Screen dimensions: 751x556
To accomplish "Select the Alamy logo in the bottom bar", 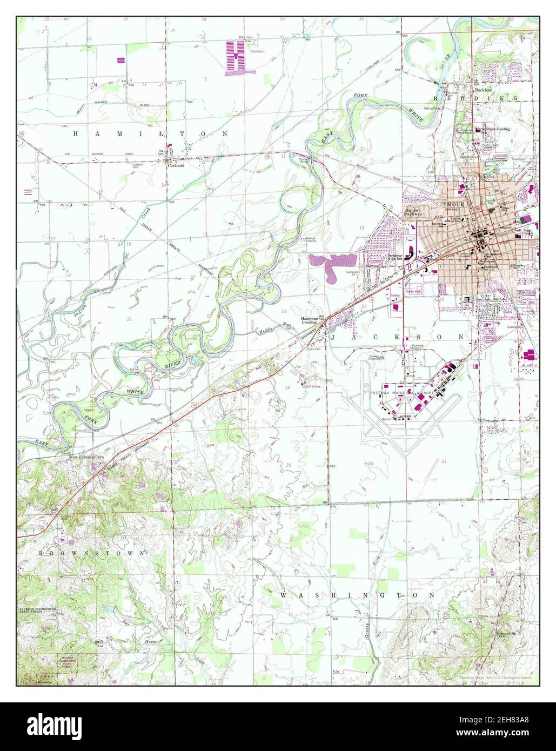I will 60,726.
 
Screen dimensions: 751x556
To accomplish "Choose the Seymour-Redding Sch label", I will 495,129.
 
